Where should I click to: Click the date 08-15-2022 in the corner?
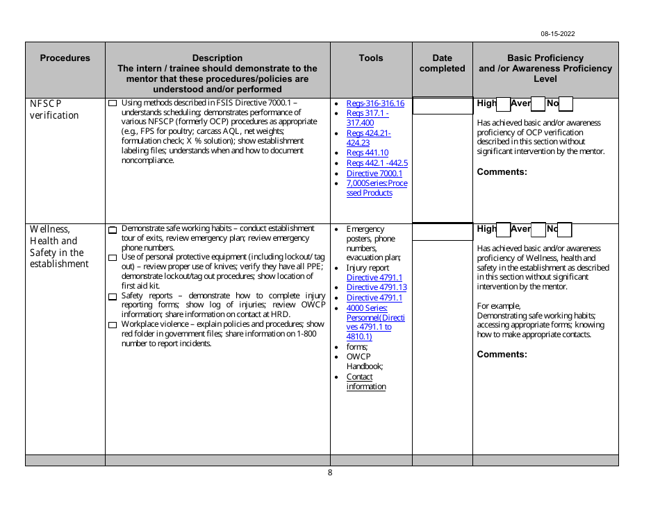558,33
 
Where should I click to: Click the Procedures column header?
65,58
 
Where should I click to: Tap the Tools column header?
371,58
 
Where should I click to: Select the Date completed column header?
442,63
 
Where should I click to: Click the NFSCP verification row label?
54,110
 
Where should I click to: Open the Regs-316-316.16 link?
375,103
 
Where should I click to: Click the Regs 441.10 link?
368,153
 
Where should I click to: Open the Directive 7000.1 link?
374,173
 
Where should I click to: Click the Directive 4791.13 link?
377,287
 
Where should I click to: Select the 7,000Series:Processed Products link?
377,188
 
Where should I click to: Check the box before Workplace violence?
113,325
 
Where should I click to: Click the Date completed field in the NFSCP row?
442,106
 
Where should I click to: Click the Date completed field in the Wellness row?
442,231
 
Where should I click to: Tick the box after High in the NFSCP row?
504,105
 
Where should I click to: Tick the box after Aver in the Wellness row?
538,230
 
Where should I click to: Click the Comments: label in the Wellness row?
502,354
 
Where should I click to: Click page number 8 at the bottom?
330,473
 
